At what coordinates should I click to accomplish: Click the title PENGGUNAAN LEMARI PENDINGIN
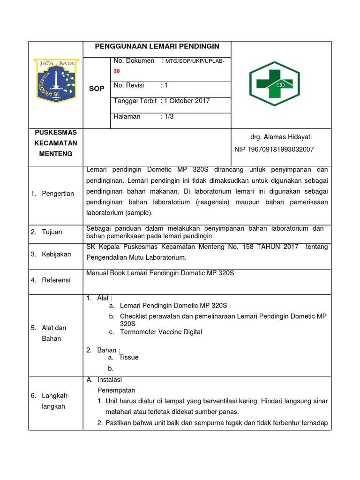(x=157, y=46)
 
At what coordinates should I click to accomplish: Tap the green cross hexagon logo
(x=274, y=83)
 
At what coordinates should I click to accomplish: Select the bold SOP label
(x=97, y=89)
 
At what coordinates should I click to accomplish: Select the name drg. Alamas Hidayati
(x=281, y=137)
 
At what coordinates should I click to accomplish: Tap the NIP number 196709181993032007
(x=274, y=149)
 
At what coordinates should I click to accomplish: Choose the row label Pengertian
(x=58, y=194)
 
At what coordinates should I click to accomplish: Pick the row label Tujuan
(x=52, y=232)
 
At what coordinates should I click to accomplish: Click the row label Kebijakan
(x=56, y=254)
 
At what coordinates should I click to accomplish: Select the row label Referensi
(x=56, y=280)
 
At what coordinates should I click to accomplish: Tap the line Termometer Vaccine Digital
(x=161, y=332)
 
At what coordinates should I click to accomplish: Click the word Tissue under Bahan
(x=129, y=357)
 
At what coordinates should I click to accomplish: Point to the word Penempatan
(x=116, y=390)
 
